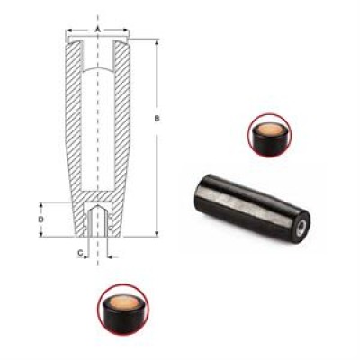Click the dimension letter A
click(97, 30)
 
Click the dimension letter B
click(157, 119)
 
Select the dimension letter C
click(80, 253)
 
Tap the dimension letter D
click(40, 220)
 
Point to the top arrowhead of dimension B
click(157, 42)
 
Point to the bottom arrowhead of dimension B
click(157, 234)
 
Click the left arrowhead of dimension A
click(68, 30)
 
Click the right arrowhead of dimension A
click(126, 30)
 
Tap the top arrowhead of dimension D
click(40, 205)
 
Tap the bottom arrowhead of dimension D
click(40, 234)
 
